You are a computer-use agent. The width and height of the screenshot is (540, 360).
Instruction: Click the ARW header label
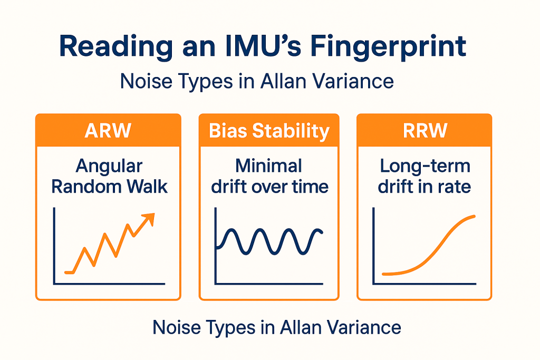tap(108, 131)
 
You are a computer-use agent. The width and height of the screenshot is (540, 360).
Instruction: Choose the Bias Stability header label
tap(269, 131)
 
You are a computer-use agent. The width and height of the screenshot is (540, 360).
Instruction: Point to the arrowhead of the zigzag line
tap(150, 217)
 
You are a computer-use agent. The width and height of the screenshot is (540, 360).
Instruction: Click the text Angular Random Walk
tap(109, 176)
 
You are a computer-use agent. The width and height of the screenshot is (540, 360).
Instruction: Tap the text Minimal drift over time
tap(269, 176)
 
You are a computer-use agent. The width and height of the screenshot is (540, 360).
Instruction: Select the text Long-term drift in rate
tap(425, 176)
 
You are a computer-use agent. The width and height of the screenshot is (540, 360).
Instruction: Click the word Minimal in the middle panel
tap(269, 166)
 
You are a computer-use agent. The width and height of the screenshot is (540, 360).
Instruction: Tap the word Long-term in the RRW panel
tap(425, 166)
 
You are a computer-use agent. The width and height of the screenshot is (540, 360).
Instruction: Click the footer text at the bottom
tap(277, 327)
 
